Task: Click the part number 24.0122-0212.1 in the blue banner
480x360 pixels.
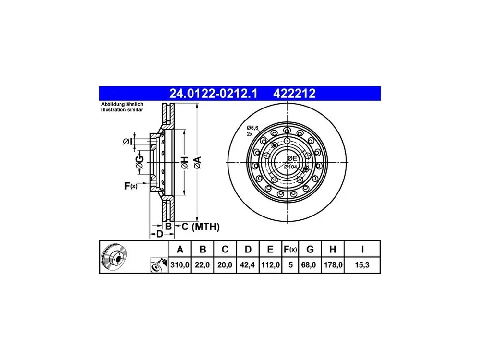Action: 214,94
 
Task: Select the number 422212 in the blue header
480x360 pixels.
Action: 294,94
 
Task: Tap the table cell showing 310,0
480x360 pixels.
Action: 180,265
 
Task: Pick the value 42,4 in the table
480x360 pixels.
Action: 247,265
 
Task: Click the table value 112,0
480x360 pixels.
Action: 270,265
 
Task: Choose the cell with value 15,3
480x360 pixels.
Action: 362,265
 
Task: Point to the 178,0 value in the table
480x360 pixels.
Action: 333,265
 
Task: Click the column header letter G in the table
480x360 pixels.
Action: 310,250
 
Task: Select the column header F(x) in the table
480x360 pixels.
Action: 290,250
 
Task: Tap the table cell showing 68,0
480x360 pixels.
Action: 309,265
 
